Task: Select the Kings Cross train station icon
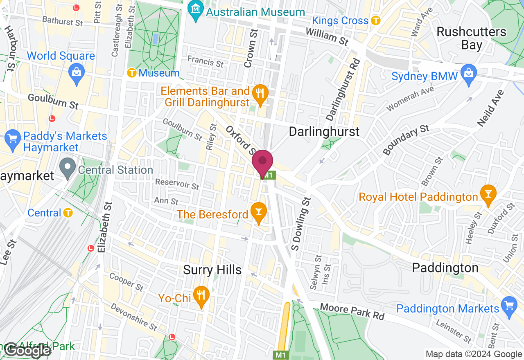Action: tap(376, 20)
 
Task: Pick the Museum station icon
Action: tap(132, 73)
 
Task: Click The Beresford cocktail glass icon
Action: tap(259, 212)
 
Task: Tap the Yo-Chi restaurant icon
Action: tap(200, 295)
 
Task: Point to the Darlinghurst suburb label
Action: tap(324, 131)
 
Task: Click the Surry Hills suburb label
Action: tap(212, 270)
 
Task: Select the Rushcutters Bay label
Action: tap(471, 38)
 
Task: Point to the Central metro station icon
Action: tap(68, 213)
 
